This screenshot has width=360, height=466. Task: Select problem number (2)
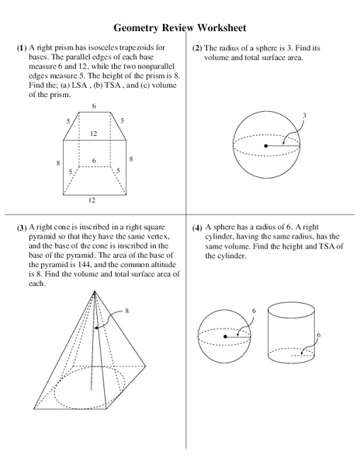[x=198, y=48]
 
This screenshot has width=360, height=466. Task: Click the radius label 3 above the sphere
[x=304, y=115]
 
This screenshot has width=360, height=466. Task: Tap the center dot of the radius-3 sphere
[x=266, y=145]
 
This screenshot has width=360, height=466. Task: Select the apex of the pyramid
[x=93, y=293]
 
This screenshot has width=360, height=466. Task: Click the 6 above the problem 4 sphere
[x=254, y=311]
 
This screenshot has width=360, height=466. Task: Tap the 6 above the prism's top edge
[x=94, y=105]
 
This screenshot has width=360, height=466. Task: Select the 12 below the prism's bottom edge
[x=92, y=200]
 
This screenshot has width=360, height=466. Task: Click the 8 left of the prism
[x=57, y=163]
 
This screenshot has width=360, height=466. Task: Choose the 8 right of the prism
[x=131, y=158]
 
